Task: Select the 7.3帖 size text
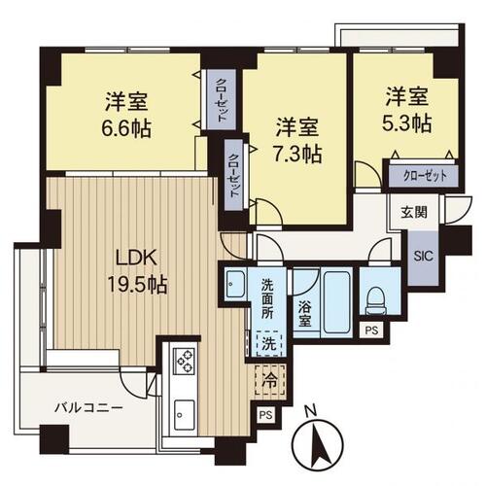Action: point(297,153)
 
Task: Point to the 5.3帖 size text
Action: point(406,123)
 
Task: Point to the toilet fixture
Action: point(373,297)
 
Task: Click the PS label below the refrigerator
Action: point(264,415)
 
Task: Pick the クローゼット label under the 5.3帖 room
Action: point(424,176)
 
